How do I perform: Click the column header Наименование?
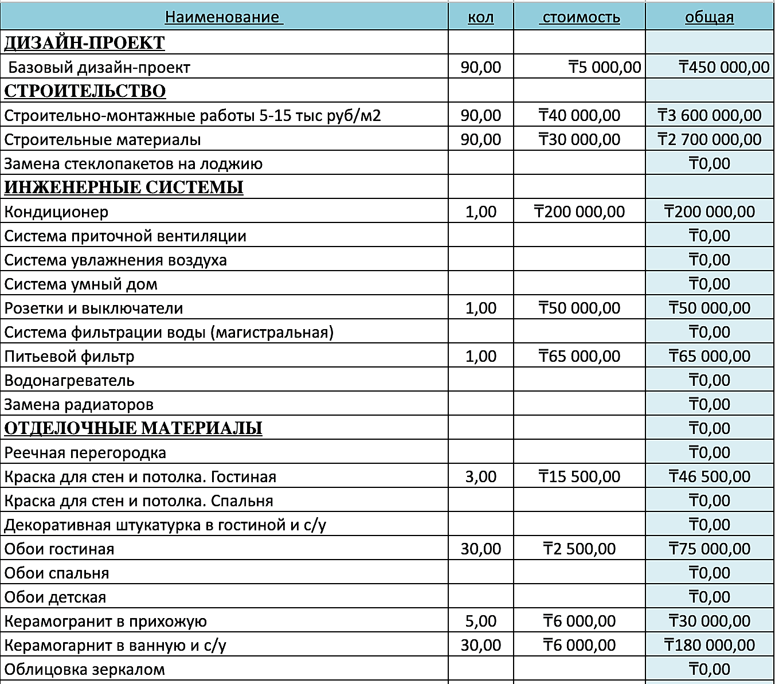point(224,17)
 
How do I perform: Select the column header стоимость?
point(580,17)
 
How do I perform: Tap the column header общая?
point(709,17)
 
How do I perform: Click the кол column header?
point(480,17)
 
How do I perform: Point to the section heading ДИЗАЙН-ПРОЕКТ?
point(84,43)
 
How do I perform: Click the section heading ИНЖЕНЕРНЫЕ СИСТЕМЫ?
point(124,187)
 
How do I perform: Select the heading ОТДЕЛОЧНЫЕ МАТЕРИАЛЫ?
point(133,428)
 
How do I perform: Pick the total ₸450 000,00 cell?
point(723,67)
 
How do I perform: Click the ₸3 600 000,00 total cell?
point(709,115)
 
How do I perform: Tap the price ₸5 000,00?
point(604,67)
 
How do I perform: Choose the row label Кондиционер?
point(56,212)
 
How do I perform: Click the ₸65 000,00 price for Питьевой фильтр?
point(579,356)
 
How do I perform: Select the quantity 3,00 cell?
point(480,476)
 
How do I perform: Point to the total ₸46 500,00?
point(709,476)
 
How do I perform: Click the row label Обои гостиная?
point(59,549)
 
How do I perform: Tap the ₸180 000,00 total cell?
point(709,645)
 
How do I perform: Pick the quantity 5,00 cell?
point(480,621)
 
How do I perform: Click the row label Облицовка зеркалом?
point(84,669)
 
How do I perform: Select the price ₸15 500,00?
point(579,476)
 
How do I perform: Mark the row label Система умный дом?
point(81,284)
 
